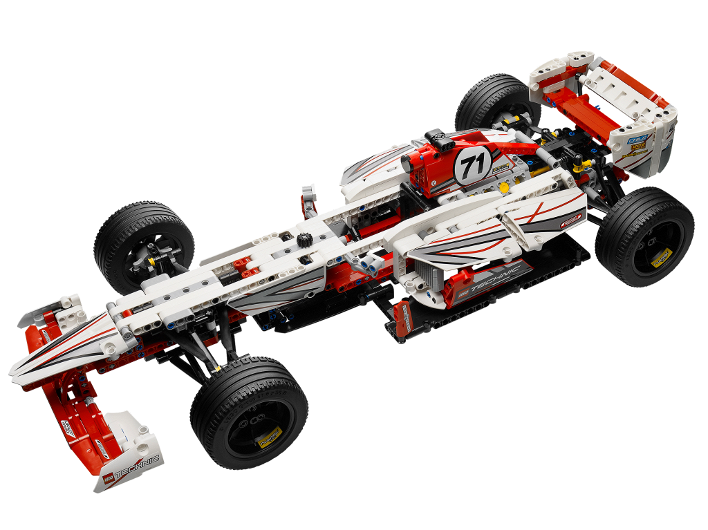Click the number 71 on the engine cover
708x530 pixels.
[x=473, y=166]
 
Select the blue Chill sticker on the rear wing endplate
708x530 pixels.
[x=637, y=140]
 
